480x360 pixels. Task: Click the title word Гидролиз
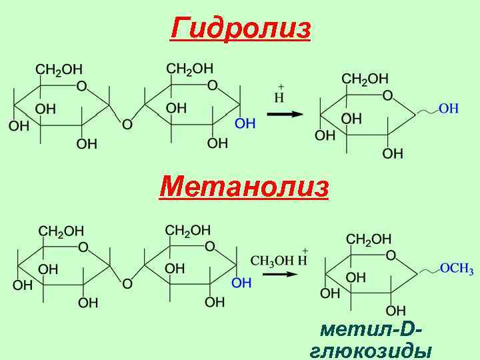click(x=241, y=29)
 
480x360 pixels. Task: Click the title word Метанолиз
click(x=244, y=187)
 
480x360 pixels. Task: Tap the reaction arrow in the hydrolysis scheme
click(x=285, y=114)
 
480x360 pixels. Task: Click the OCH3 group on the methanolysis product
click(x=457, y=269)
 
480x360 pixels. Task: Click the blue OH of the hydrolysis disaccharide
click(x=245, y=123)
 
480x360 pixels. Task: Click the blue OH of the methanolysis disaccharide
click(x=241, y=283)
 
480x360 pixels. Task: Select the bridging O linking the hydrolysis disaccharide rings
click(x=127, y=124)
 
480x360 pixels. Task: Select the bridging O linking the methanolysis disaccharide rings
click(x=127, y=284)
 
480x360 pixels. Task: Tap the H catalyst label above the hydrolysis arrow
click(x=280, y=98)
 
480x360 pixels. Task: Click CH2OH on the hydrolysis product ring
click(x=365, y=79)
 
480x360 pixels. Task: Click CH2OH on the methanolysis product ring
click(x=369, y=239)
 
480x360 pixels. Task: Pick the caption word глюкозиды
click(x=371, y=351)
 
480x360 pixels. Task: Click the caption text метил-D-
click(x=371, y=329)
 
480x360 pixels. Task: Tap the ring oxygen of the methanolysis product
click(x=391, y=255)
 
